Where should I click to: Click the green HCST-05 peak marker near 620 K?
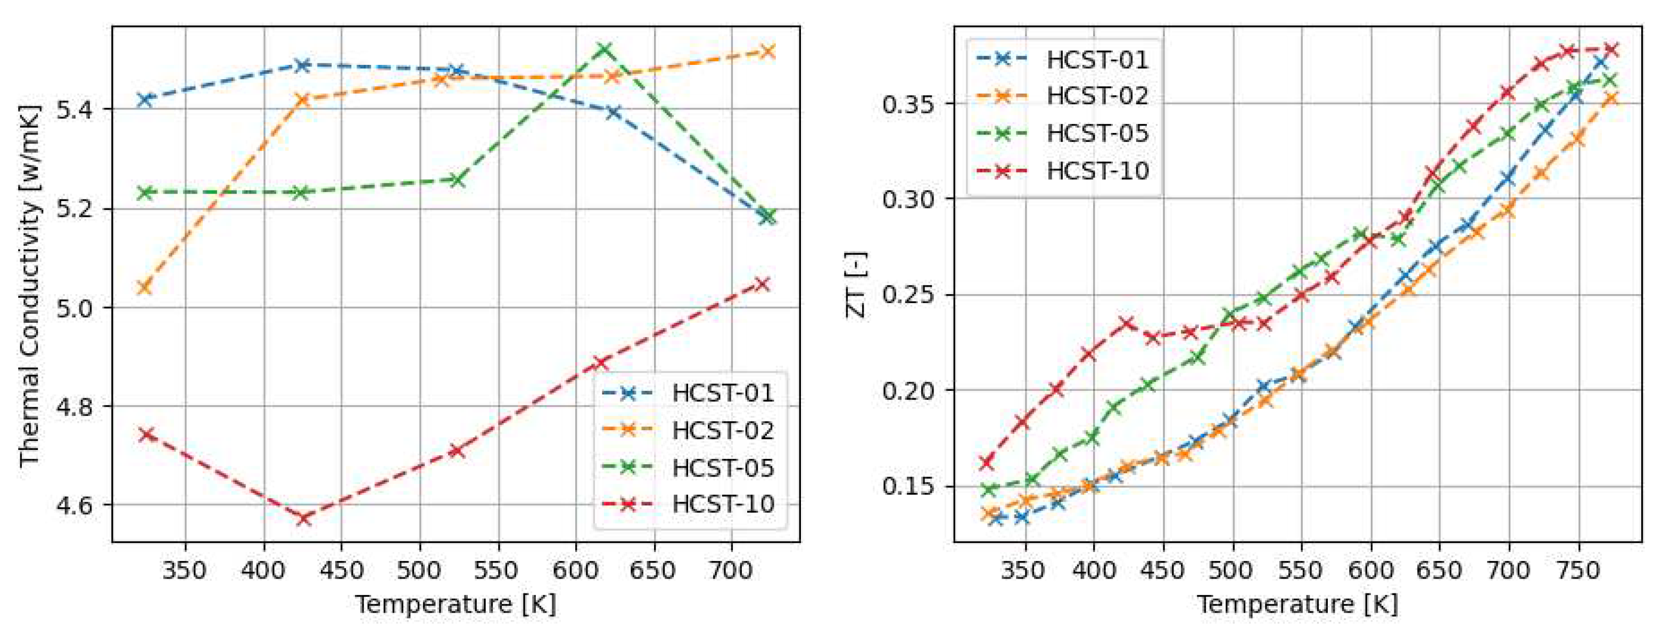pos(605,49)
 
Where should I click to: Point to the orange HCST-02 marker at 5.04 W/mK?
pos(145,287)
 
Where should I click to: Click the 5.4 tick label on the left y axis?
pos(75,110)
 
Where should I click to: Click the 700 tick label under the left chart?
pos(731,571)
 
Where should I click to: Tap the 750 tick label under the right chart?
pos(1578,571)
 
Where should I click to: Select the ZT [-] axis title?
pos(856,284)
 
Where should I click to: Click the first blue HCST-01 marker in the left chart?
pos(145,99)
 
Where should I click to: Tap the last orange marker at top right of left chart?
pos(767,51)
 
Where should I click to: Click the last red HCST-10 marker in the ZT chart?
pos(1611,49)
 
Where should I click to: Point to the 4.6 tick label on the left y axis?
pos(75,505)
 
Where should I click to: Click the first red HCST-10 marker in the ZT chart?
pos(986,463)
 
